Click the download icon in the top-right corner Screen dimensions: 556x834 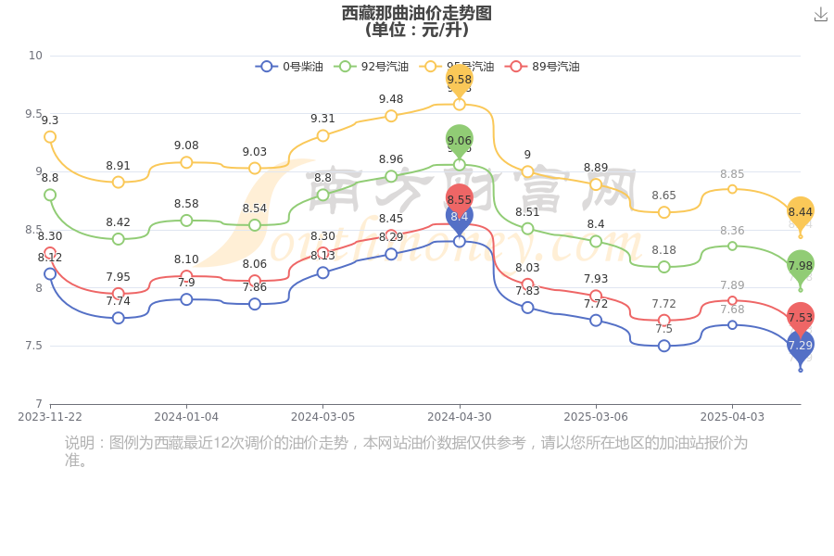pyautogui.click(x=820, y=14)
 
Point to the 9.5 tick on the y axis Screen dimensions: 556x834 pyautogui.click(x=35, y=114)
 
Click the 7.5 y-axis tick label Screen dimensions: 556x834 pyautogui.click(x=35, y=346)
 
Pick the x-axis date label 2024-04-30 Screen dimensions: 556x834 pyautogui.click(x=459, y=417)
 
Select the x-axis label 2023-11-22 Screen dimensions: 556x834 pyautogui.click(x=50, y=417)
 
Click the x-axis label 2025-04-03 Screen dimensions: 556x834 pyautogui.click(x=732, y=417)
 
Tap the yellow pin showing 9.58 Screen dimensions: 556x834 pyautogui.click(x=460, y=80)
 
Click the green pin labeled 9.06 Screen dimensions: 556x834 pyautogui.click(x=460, y=141)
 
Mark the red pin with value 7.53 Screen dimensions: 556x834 pyautogui.click(x=801, y=317)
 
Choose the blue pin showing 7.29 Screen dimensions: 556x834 pyautogui.click(x=801, y=345)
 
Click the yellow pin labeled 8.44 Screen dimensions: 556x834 pyautogui.click(x=801, y=211)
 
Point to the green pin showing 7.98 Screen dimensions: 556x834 pyautogui.click(x=801, y=265)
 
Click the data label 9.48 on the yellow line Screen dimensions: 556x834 pyautogui.click(x=391, y=99)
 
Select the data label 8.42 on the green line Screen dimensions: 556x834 pyautogui.click(x=119, y=222)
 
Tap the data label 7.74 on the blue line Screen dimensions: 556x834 pyautogui.click(x=119, y=301)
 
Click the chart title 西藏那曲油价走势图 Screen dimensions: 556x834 pyautogui.click(x=416, y=13)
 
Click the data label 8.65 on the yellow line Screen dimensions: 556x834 pyautogui.click(x=663, y=196)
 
